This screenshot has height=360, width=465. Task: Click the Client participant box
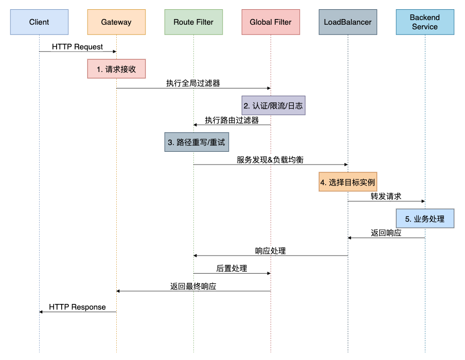[x=39, y=22]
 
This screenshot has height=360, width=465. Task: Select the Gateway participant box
[x=116, y=22]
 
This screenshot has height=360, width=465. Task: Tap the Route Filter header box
[x=193, y=22]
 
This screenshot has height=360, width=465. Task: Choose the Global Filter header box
[x=271, y=22]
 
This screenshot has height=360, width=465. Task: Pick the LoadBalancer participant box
[x=348, y=22]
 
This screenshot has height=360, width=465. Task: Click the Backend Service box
[x=425, y=22]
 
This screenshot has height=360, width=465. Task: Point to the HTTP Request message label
[x=77, y=47]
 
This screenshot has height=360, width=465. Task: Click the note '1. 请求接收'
[x=116, y=69]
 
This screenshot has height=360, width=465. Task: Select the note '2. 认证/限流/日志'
[x=274, y=105]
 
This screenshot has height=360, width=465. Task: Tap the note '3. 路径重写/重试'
[x=196, y=142]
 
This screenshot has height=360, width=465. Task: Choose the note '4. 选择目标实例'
[x=348, y=182]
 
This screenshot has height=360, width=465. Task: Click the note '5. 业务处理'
[x=425, y=219]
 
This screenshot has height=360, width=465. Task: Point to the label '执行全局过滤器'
[x=193, y=83]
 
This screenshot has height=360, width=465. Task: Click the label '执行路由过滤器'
[x=232, y=120]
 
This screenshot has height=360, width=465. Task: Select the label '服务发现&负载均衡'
[x=270, y=159]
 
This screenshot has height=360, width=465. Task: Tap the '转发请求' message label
[x=386, y=196]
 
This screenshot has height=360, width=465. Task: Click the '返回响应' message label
[x=386, y=232]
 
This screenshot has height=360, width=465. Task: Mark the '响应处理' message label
[x=271, y=251]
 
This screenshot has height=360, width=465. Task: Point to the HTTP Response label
[x=77, y=307]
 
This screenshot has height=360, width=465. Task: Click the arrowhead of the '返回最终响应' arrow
[x=118, y=291]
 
